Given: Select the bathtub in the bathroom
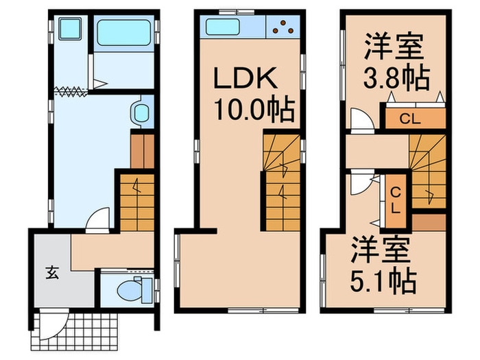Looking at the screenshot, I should [x=124, y=32].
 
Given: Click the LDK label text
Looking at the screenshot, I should [x=246, y=80].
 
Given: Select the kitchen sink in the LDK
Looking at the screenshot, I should [x=221, y=28].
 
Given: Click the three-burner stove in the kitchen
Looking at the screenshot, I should [x=283, y=27].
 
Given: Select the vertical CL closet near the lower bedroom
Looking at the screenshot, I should [x=396, y=197].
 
